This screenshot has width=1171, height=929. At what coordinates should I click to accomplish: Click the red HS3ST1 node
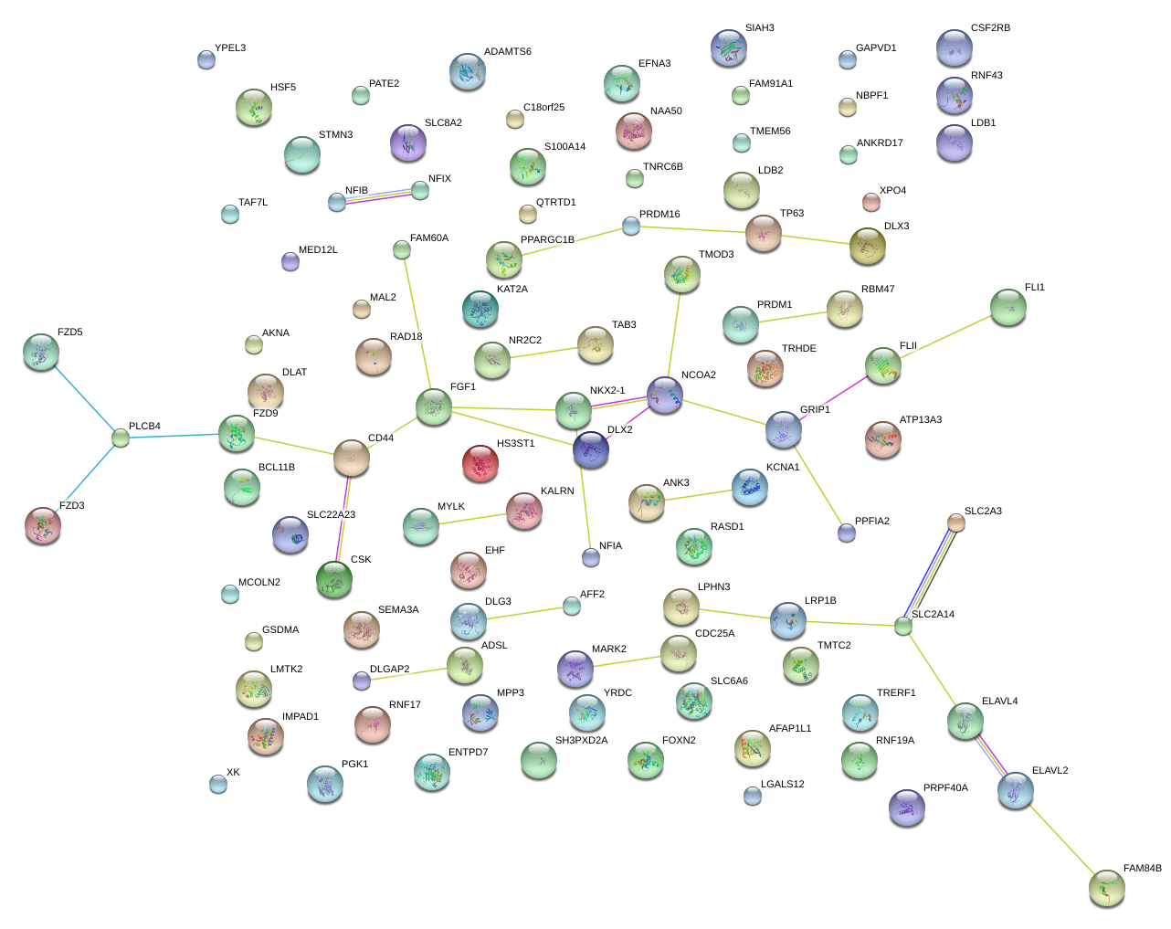[x=480, y=463]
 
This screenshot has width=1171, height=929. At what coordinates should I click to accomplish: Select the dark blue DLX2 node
[x=591, y=449]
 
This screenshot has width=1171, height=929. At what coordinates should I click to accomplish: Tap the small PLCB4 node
[x=121, y=438]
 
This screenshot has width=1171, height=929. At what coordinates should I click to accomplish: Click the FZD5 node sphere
[x=41, y=353]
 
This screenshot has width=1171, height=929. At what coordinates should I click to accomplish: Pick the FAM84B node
[x=1107, y=888]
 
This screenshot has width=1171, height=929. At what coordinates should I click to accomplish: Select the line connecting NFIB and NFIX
[x=378, y=195]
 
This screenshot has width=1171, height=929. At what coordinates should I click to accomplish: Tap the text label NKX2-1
[x=607, y=391]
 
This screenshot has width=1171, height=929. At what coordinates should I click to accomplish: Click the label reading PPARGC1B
[x=547, y=240]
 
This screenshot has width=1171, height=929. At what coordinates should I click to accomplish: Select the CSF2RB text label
[x=990, y=28]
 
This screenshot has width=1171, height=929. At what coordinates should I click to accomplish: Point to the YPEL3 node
[x=206, y=60]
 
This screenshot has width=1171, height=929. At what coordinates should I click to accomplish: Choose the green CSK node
[x=334, y=579]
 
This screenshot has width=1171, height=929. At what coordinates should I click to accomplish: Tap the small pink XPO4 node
[x=871, y=202]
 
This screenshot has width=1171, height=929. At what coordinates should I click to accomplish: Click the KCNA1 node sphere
[x=749, y=488]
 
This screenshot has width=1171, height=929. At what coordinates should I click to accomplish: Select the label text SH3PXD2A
[x=581, y=741]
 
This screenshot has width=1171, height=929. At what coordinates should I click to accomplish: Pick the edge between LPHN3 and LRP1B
[x=734, y=615]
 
